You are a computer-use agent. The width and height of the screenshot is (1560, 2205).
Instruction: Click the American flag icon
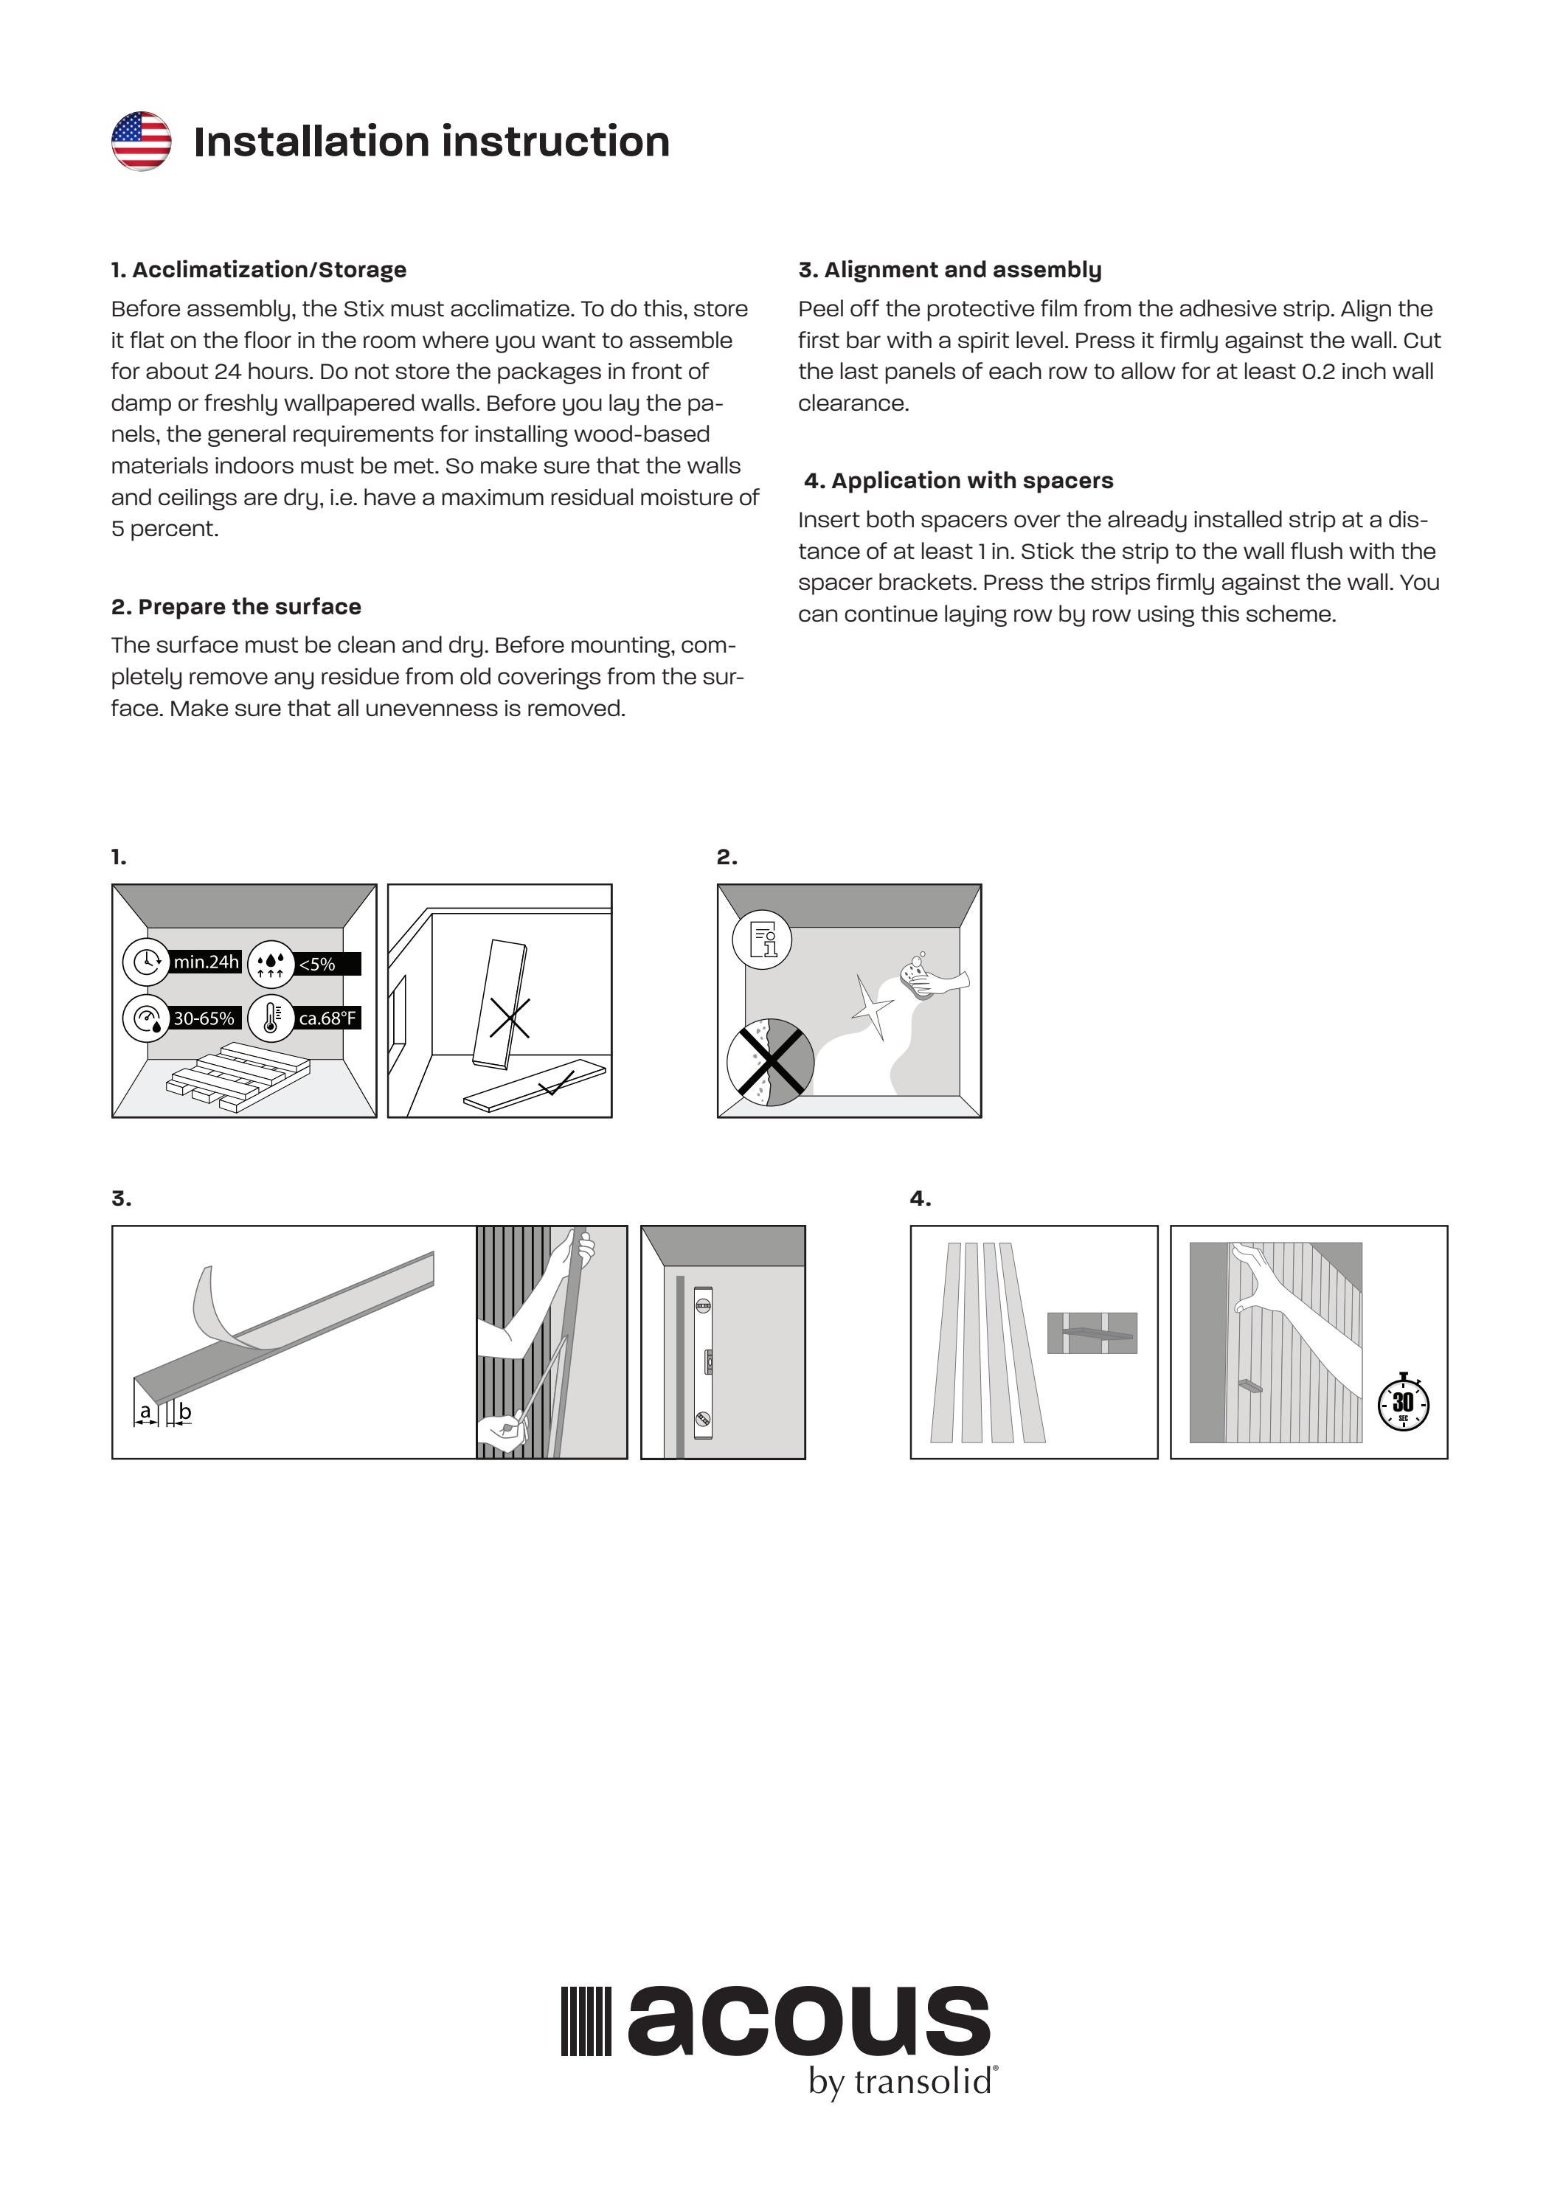(141, 141)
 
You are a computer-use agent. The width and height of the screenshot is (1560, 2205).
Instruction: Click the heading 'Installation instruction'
(431, 141)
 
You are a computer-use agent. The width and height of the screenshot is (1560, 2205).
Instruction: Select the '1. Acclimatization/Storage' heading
(258, 270)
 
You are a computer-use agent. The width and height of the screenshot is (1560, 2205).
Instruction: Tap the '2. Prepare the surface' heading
(236, 607)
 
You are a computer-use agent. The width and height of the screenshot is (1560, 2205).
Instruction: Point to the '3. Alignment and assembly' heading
(949, 270)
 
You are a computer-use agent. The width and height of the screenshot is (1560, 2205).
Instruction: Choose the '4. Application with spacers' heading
(959, 481)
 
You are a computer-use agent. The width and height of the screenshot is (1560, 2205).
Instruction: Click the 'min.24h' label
(206, 962)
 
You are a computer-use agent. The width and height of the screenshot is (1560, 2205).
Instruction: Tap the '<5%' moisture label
(317, 964)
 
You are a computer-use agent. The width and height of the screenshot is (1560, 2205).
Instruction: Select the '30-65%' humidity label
(203, 1018)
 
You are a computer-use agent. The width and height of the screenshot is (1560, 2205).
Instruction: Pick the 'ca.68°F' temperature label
(327, 1018)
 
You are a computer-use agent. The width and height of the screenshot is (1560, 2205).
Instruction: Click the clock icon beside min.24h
(146, 962)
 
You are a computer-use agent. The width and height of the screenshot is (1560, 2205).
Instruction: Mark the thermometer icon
(271, 1018)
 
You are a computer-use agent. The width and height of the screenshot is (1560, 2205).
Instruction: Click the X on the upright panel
(509, 1018)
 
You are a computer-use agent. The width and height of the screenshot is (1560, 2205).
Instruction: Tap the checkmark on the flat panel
(556, 1086)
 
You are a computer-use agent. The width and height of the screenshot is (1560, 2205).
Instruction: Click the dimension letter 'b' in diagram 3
(185, 1411)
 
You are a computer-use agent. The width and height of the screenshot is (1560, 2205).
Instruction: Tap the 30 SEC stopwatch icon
(1404, 1403)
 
